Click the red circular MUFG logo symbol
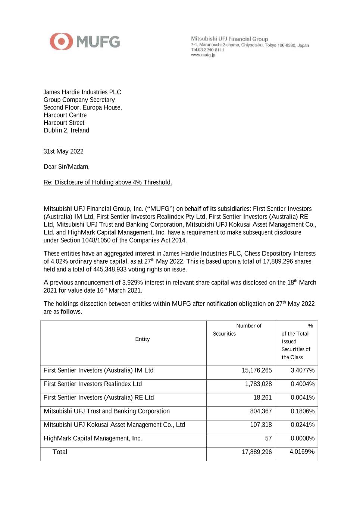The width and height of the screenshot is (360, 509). (61, 41)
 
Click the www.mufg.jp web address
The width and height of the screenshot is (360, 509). (203, 55)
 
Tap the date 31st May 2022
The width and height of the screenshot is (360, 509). (63, 151)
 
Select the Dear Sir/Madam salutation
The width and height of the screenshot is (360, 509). (66, 167)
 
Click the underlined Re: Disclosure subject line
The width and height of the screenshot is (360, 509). (107, 182)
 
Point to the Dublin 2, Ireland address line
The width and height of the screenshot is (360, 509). (66, 131)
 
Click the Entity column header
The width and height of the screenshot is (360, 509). (142, 339)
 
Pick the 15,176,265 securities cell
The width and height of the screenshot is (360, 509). (257, 370)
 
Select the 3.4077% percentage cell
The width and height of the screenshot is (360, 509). (303, 370)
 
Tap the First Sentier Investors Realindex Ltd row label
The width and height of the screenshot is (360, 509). (93, 384)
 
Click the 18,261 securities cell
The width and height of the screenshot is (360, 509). (263, 398)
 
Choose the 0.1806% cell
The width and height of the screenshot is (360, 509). (303, 411)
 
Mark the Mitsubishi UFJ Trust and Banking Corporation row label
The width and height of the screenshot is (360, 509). (106, 411)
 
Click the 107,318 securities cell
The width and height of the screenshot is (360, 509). (261, 425)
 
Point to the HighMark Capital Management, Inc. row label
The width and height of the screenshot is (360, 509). (93, 439)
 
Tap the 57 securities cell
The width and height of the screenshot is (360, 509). (268, 439)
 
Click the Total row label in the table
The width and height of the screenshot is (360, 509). (60, 452)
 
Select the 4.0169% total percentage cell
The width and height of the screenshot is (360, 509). (302, 452)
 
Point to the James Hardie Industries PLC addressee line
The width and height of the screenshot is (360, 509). (82, 92)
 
